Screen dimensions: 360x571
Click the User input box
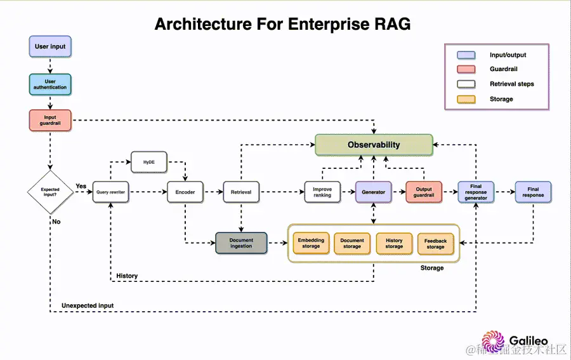(50, 46)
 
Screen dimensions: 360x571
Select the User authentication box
(50, 84)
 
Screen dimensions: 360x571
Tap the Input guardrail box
(50, 120)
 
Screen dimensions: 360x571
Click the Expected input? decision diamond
(50, 192)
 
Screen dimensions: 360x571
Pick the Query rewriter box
(111, 192)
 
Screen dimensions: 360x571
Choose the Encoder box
(185, 192)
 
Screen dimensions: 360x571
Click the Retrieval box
(241, 192)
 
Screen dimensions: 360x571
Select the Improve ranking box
(322, 192)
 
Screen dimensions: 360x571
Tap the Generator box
(374, 192)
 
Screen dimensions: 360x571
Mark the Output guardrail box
(424, 192)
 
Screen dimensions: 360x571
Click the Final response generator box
(476, 192)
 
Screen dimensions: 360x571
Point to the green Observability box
(374, 145)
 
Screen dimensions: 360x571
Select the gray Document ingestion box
(241, 243)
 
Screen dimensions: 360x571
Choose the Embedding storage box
(311, 243)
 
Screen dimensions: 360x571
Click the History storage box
(394, 243)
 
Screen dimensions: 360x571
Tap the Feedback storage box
(435, 243)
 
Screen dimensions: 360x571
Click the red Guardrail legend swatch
(466, 69)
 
